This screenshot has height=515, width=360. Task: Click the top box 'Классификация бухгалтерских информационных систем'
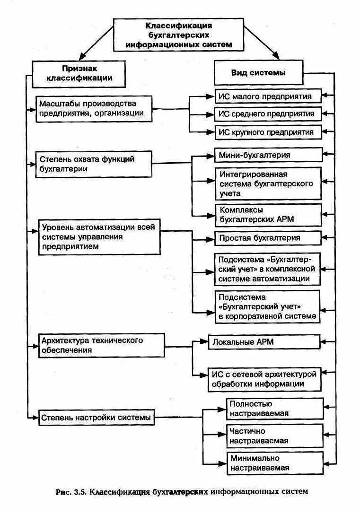(178, 35)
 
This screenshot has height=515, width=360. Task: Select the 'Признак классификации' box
(79, 73)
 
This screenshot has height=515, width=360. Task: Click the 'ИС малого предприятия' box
(268, 96)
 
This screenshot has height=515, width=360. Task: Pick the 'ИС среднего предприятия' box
(268, 113)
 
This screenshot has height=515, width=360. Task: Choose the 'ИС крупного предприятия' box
(268, 132)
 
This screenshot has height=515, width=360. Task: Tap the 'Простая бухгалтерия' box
(268, 238)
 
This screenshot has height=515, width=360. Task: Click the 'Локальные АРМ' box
(264, 341)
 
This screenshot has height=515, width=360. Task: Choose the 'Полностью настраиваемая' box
(275, 409)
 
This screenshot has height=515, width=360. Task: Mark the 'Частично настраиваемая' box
(275, 436)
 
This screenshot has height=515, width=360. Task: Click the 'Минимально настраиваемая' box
(275, 463)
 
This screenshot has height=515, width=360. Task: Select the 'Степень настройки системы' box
(96, 418)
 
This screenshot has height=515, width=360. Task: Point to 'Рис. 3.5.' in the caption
(70, 492)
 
